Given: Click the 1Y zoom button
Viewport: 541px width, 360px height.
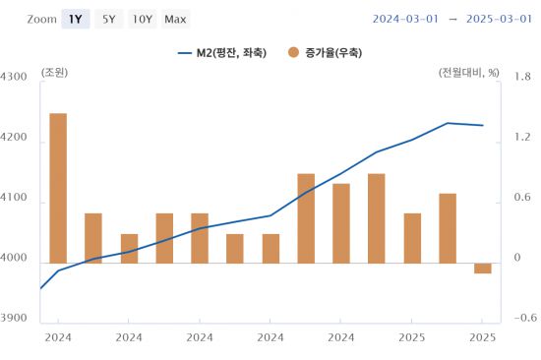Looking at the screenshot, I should [x=75, y=19].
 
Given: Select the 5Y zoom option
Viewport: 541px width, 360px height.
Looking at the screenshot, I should [x=108, y=19].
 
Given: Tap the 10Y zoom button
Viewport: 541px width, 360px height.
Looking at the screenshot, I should [x=142, y=19].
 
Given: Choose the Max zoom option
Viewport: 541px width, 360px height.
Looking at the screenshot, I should [x=176, y=19].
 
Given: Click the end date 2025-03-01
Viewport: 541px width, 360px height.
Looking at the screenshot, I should [x=498, y=19].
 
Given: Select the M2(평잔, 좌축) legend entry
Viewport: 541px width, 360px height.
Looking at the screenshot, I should [x=222, y=52].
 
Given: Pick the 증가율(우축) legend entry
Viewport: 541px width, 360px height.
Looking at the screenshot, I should [x=325, y=52].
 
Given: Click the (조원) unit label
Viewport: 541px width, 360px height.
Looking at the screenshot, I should [x=55, y=73].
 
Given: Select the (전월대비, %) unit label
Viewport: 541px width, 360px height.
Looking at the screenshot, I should [x=468, y=73].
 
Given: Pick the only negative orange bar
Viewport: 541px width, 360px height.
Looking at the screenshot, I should [x=482, y=268].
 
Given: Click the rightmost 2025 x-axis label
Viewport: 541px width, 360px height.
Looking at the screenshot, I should [x=482, y=336].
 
